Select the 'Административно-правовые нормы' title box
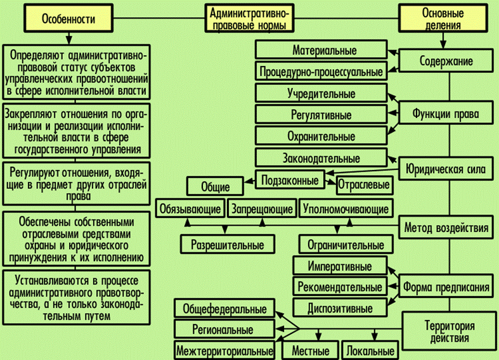coord(249,19)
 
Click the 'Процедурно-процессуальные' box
coord(321,72)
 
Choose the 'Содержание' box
coord(446,62)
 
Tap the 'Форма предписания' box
coord(446,287)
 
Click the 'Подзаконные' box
coord(290,179)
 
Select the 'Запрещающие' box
coord(261,208)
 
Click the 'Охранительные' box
coord(321,136)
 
